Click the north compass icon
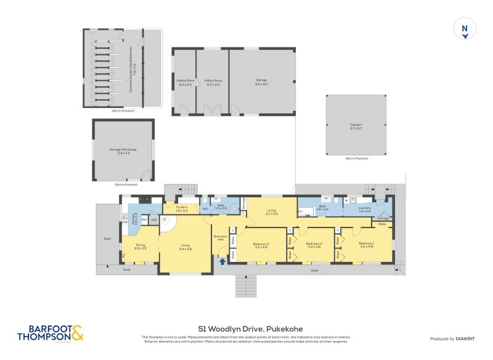465,29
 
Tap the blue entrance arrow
222,261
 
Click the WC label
206,209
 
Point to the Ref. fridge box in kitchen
144,219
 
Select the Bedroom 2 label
314,243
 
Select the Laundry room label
364,208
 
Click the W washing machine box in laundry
346,200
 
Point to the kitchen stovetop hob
145,200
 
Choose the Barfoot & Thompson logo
49,333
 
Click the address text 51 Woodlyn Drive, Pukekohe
246,329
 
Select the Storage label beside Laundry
383,218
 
